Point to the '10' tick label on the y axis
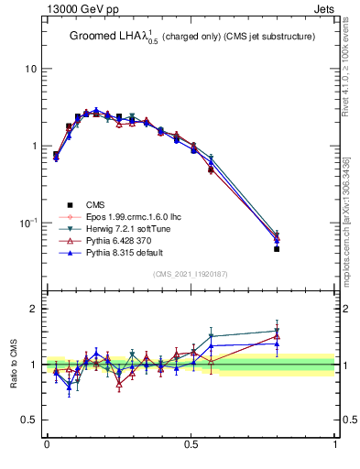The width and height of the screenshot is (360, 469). click(x=30, y=70)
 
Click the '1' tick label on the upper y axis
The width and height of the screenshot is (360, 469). click(x=33, y=147)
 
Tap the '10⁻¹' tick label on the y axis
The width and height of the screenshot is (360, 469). click(x=28, y=223)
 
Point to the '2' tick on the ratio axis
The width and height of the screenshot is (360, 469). click(x=33, y=310)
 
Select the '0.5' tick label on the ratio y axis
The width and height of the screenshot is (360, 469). click(x=28, y=420)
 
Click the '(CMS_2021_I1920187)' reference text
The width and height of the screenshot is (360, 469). click(x=191, y=274)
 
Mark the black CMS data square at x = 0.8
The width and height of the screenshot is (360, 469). click(x=277, y=249)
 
